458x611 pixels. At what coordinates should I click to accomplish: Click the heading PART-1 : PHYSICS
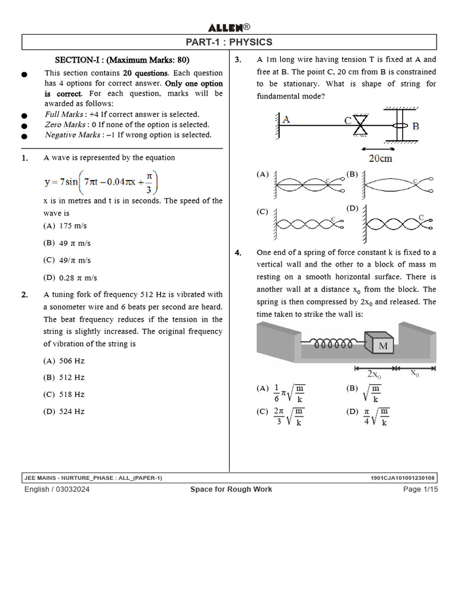point(229,42)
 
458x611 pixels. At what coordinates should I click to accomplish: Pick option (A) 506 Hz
point(64,361)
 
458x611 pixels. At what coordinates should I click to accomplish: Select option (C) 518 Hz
point(64,394)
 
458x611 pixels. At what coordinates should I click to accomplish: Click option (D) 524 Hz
point(64,411)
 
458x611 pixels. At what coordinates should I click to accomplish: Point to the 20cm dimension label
point(380,158)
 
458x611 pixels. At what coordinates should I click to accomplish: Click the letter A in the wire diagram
point(286,119)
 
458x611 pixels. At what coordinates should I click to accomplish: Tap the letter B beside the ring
point(416,126)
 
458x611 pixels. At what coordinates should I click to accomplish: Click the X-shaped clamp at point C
point(361,125)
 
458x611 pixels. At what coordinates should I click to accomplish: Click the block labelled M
point(382,345)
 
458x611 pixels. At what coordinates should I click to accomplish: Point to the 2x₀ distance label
point(374,374)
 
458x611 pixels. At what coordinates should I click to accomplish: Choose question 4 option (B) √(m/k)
point(368,393)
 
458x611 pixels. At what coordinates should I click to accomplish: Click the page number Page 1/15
point(420,489)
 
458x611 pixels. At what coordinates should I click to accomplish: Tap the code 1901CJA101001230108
point(403,478)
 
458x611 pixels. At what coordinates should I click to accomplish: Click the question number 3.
point(237,60)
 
